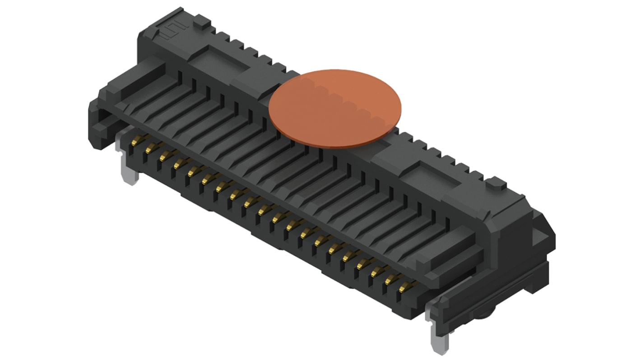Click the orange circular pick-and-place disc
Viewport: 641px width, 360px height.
point(334,109)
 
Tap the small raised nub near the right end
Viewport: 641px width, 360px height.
point(495,183)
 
